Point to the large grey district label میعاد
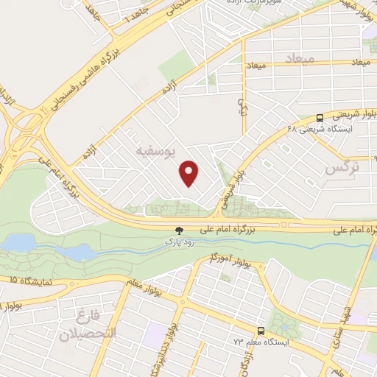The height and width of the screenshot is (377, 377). (299, 57)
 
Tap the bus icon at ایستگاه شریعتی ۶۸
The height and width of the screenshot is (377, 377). (320, 117)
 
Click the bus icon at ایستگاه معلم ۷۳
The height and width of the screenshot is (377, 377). (261, 331)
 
